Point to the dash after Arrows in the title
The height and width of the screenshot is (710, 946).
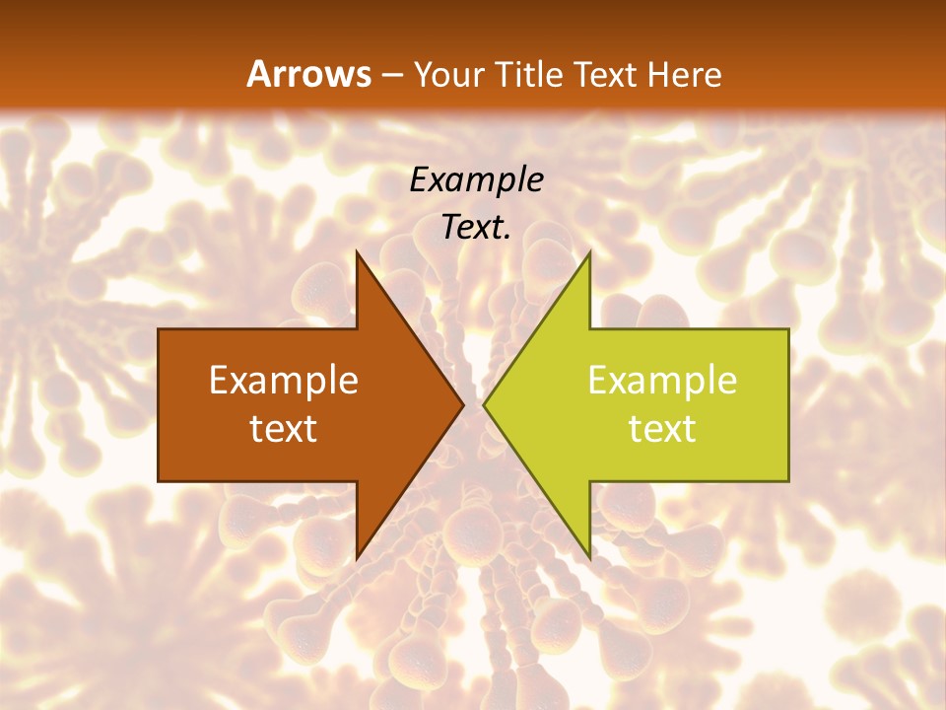393,75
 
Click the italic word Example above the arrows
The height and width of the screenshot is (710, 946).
476,179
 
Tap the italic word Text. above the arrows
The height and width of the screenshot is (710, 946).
476,228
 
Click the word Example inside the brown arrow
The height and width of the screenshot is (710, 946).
284,381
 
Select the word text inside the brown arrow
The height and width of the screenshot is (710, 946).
284,429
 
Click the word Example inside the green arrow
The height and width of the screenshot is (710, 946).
662,381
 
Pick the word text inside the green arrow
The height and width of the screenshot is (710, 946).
662,429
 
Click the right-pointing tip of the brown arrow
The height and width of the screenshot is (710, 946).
463,404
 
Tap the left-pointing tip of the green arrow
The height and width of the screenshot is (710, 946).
484,404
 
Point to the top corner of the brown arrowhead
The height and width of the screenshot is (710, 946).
357,252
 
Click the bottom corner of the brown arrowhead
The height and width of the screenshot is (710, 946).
357,558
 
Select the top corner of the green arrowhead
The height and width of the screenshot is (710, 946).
589,252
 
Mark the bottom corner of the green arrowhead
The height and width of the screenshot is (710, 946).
589,558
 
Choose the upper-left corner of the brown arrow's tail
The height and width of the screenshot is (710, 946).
160,330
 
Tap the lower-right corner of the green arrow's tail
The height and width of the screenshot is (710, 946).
788,480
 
